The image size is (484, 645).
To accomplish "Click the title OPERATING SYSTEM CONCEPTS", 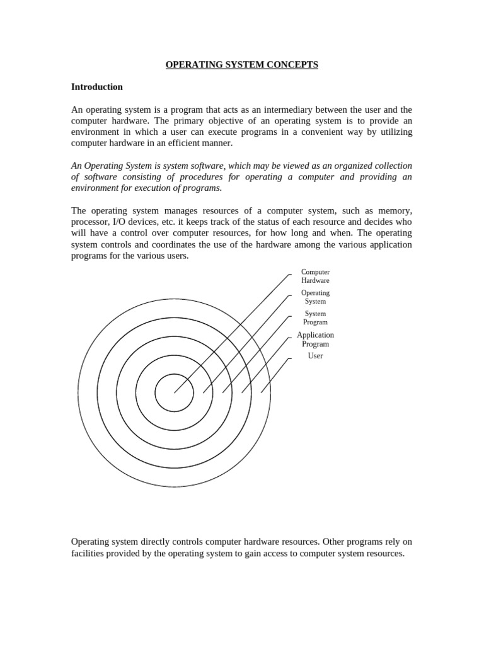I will click(x=241, y=65).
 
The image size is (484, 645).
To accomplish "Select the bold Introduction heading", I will click(x=96, y=87).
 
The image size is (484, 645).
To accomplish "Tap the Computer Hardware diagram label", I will click(x=315, y=276).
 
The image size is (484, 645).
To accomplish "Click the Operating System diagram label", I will click(x=315, y=297).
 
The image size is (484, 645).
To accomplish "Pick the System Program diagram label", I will click(x=315, y=317).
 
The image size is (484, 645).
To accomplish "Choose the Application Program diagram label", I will click(x=315, y=340).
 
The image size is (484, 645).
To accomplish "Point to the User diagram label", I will click(x=315, y=356).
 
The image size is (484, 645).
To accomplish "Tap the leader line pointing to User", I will click(x=275, y=375).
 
